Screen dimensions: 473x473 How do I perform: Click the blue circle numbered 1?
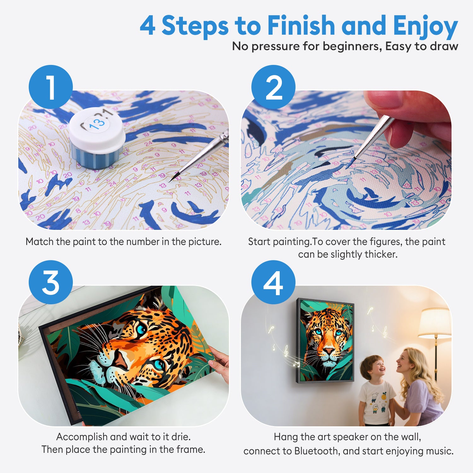(51, 87)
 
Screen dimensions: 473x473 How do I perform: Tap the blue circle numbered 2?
(273, 87)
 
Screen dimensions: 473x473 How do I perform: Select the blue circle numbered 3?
(51, 282)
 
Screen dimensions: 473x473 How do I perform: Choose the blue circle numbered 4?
(273, 282)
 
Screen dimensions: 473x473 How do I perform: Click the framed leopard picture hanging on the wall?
(325, 341)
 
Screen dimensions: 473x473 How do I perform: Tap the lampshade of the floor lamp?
(435, 323)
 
